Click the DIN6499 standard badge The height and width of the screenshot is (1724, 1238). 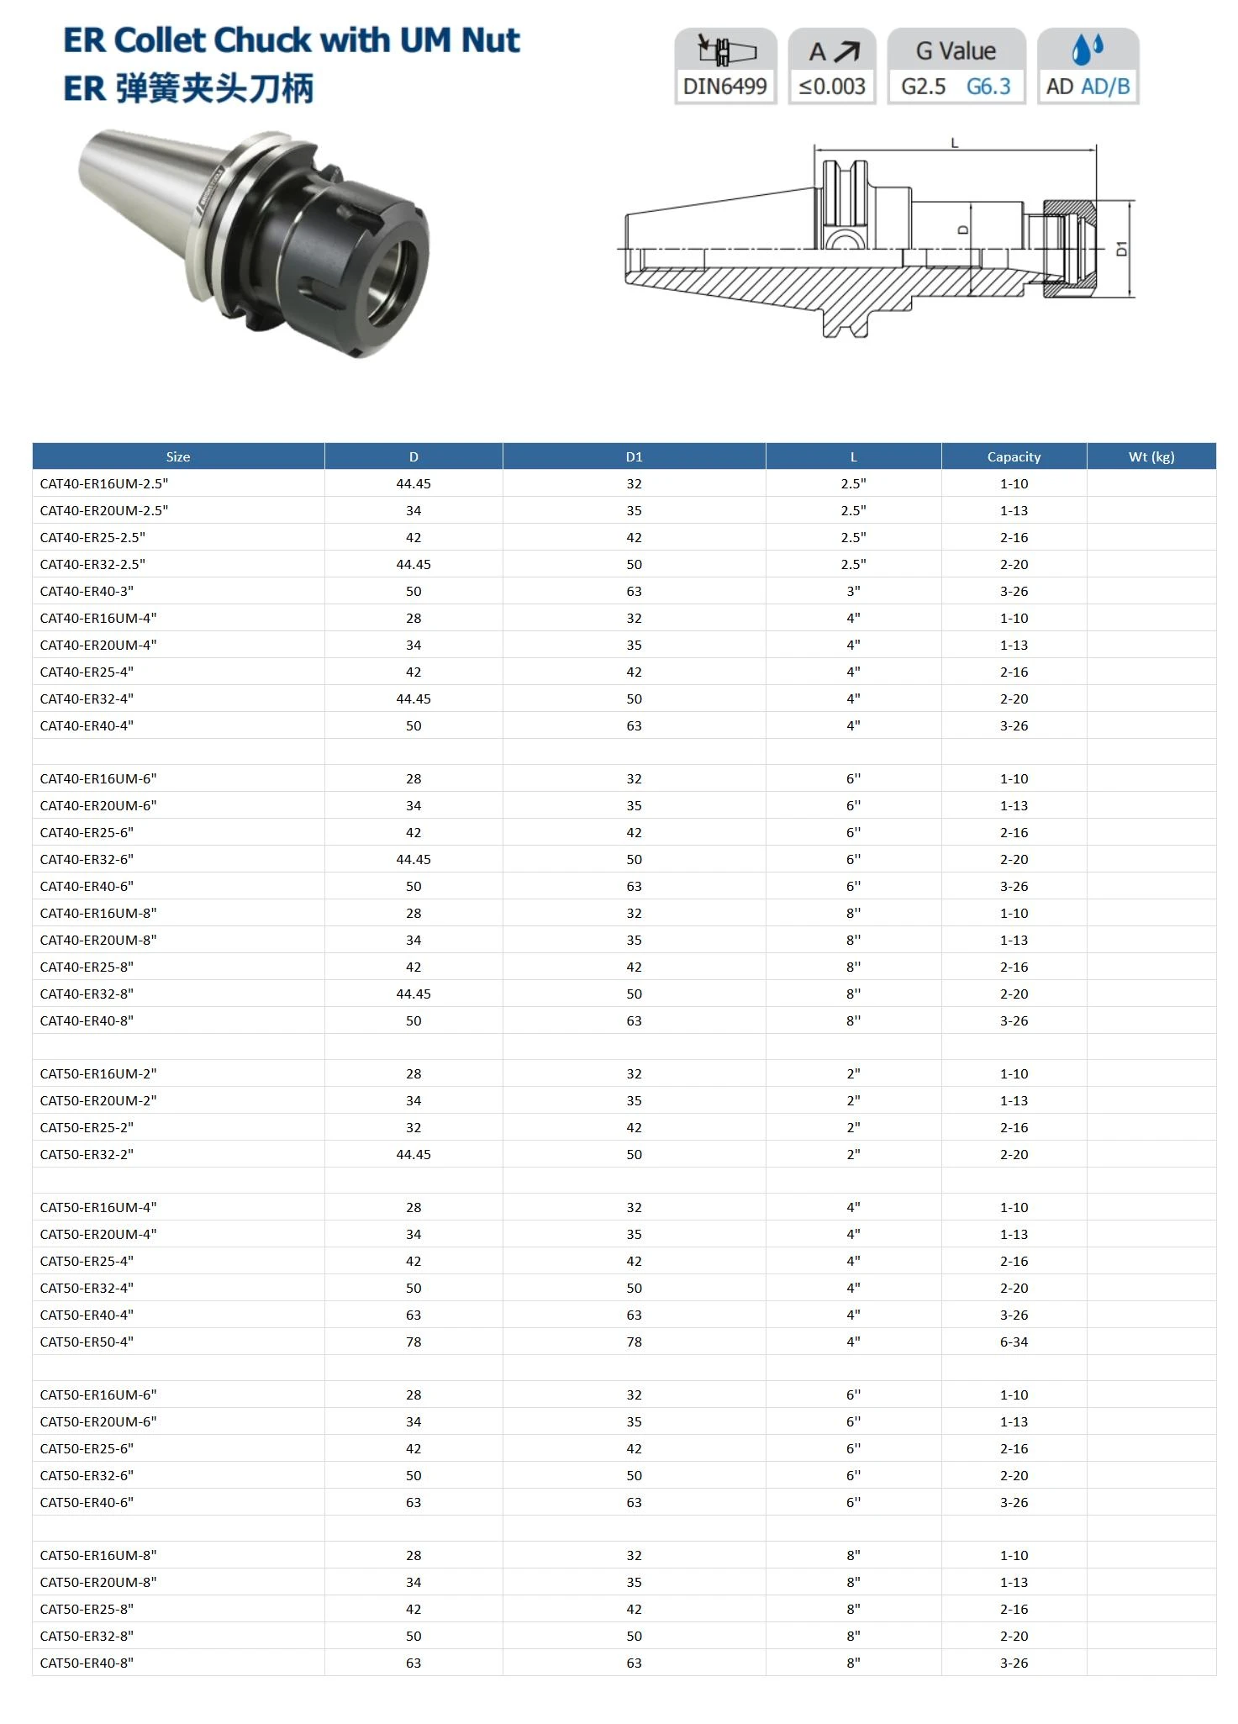(x=725, y=66)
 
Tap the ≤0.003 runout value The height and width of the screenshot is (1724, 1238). (x=832, y=87)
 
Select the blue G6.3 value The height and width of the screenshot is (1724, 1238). (x=988, y=87)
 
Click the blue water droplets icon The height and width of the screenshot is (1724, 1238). (x=1088, y=50)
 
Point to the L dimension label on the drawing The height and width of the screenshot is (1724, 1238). (x=954, y=144)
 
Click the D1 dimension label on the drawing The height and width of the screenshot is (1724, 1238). (x=1121, y=249)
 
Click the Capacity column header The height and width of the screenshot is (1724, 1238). (x=1014, y=456)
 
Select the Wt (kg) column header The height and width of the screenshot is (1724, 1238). (x=1151, y=456)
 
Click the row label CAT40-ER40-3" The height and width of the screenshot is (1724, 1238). (x=87, y=591)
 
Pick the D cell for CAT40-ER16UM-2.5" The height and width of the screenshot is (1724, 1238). (x=414, y=483)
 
